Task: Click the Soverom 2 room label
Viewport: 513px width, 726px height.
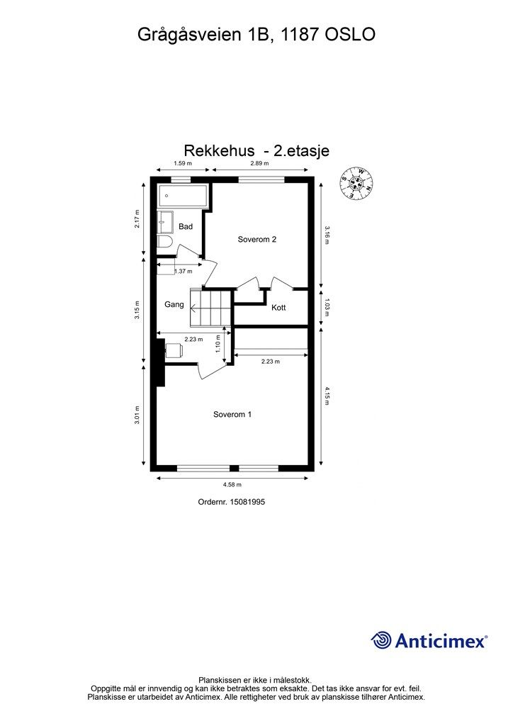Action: click(256, 240)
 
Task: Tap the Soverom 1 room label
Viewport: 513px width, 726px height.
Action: click(232, 414)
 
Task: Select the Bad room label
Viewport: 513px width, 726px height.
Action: click(186, 226)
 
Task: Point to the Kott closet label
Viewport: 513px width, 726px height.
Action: click(278, 308)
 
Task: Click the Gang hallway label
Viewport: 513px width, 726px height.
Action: click(174, 304)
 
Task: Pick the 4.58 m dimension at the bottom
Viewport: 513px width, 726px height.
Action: click(232, 485)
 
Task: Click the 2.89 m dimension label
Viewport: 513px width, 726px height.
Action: click(259, 163)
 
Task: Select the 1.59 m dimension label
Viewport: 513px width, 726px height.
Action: click(183, 163)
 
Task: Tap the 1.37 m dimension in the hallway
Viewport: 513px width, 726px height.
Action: click(184, 272)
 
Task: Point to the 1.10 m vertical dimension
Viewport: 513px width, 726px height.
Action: click(218, 344)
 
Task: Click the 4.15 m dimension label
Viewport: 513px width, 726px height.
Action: click(327, 396)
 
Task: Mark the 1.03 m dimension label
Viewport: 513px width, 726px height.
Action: click(327, 308)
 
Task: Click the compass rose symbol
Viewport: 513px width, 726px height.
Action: click(356, 183)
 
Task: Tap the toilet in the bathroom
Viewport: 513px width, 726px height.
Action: click(164, 242)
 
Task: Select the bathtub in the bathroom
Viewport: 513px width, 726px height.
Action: click(183, 196)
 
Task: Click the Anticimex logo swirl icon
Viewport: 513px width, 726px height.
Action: click(380, 640)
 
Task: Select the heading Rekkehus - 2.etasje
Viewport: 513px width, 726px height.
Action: click(256, 150)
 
